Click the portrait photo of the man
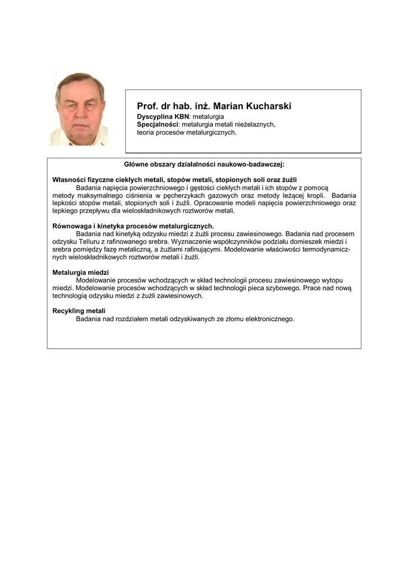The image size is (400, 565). click(x=78, y=109)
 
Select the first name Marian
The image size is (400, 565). click(x=227, y=106)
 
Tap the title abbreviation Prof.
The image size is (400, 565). click(x=147, y=106)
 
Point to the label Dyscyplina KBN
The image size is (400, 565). click(x=163, y=117)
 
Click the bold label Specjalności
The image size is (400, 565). click(x=158, y=125)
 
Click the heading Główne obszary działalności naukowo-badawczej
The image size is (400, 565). click(x=204, y=164)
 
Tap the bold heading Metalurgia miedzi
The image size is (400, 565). click(x=81, y=273)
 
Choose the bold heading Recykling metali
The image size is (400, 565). click(x=79, y=311)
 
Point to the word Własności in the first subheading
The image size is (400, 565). click(x=69, y=180)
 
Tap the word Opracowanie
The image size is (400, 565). click(x=212, y=203)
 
